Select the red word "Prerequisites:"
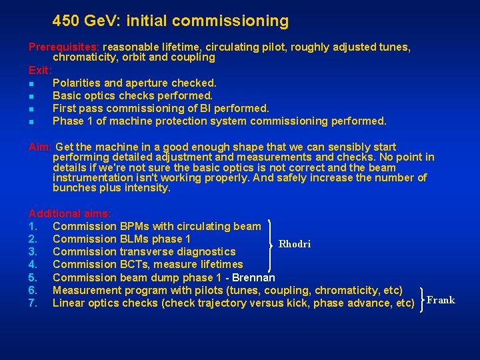(x=64, y=47)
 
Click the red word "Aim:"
(x=41, y=147)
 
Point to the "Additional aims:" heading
(x=70, y=214)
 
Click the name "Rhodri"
(x=294, y=244)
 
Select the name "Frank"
(x=441, y=300)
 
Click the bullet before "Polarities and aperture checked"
(x=31, y=84)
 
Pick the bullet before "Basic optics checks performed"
(x=31, y=97)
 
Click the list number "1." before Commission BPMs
(x=33, y=227)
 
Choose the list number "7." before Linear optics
(x=33, y=303)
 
